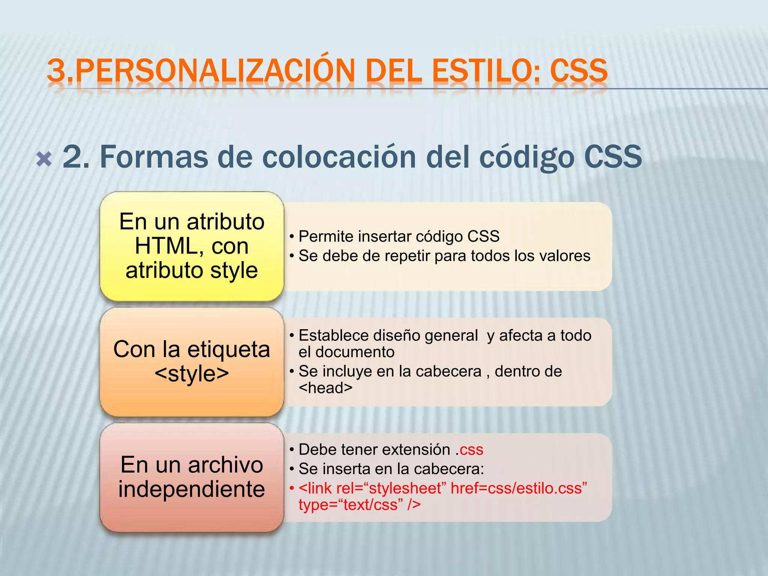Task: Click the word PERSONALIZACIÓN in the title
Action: click(x=216, y=70)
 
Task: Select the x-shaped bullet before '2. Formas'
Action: click(x=44, y=159)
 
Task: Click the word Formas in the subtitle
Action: click(x=154, y=157)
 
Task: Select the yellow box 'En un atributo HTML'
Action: click(x=192, y=246)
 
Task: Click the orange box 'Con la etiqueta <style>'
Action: click(x=192, y=361)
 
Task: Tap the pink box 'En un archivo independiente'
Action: click(x=192, y=477)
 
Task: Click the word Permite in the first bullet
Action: click(x=326, y=237)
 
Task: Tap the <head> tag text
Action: click(x=325, y=388)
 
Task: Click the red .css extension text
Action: click(x=469, y=450)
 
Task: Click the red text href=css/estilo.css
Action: click(x=519, y=489)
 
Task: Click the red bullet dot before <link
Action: click(x=291, y=489)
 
